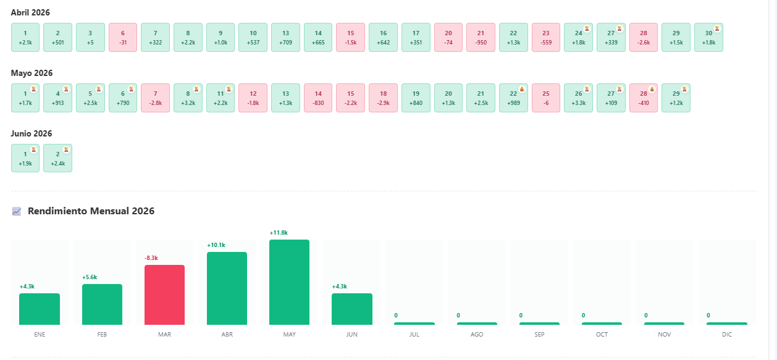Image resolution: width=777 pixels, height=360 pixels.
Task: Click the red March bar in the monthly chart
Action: (164, 295)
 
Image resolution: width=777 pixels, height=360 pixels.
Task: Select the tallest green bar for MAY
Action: (289, 282)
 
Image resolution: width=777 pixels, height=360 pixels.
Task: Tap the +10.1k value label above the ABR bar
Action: (216, 245)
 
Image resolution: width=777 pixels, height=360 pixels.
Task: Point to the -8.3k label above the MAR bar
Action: (151, 258)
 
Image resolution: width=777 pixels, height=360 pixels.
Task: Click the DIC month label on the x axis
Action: (727, 334)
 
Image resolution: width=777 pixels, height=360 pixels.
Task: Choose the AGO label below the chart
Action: (477, 334)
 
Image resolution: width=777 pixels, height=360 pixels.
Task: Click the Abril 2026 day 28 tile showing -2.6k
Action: (644, 38)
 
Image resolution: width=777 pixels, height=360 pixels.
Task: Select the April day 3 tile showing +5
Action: (90, 38)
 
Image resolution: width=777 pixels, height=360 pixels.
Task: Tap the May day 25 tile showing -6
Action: (545, 98)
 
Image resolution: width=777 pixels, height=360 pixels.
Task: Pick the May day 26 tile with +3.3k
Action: (578, 98)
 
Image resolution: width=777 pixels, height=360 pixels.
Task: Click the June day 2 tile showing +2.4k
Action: (57, 158)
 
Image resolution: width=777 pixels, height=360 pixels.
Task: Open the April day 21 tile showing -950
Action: (481, 38)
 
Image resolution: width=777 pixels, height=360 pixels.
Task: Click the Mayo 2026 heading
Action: (31, 73)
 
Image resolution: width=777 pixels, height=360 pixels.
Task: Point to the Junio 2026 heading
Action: (31, 133)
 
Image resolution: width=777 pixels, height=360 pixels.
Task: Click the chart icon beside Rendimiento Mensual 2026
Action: (17, 211)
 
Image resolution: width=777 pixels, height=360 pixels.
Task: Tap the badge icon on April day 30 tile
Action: (717, 29)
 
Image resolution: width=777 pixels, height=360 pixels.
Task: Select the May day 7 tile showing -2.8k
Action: (156, 98)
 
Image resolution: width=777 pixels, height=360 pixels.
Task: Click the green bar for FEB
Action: (102, 304)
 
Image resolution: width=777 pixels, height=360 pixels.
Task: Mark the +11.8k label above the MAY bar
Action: (279, 233)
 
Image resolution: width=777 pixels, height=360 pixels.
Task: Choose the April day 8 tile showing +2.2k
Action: (188, 38)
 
